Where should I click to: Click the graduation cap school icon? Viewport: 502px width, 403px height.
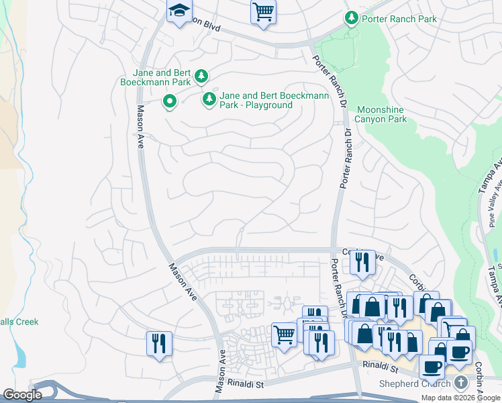[x=179, y=11]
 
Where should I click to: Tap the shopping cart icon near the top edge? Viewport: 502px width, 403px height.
[x=263, y=11]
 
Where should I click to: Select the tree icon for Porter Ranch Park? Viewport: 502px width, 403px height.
[x=351, y=18]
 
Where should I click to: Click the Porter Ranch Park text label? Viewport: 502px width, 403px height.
[x=399, y=19]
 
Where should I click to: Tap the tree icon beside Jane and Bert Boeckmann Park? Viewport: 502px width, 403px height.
[x=201, y=77]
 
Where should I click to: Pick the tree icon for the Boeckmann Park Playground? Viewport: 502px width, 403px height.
[x=209, y=100]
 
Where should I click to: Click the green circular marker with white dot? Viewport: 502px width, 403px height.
[x=170, y=101]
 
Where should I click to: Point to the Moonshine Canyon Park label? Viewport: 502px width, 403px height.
[x=381, y=114]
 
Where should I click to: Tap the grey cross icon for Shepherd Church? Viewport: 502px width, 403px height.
[x=460, y=383]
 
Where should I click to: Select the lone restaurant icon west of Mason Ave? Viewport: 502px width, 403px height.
[x=159, y=344]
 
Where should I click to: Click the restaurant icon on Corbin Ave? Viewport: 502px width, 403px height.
[x=363, y=262]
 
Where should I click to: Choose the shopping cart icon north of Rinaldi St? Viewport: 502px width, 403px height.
[x=285, y=334]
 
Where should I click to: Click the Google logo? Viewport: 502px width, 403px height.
[x=21, y=395]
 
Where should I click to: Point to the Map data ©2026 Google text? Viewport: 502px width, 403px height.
[x=460, y=398]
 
